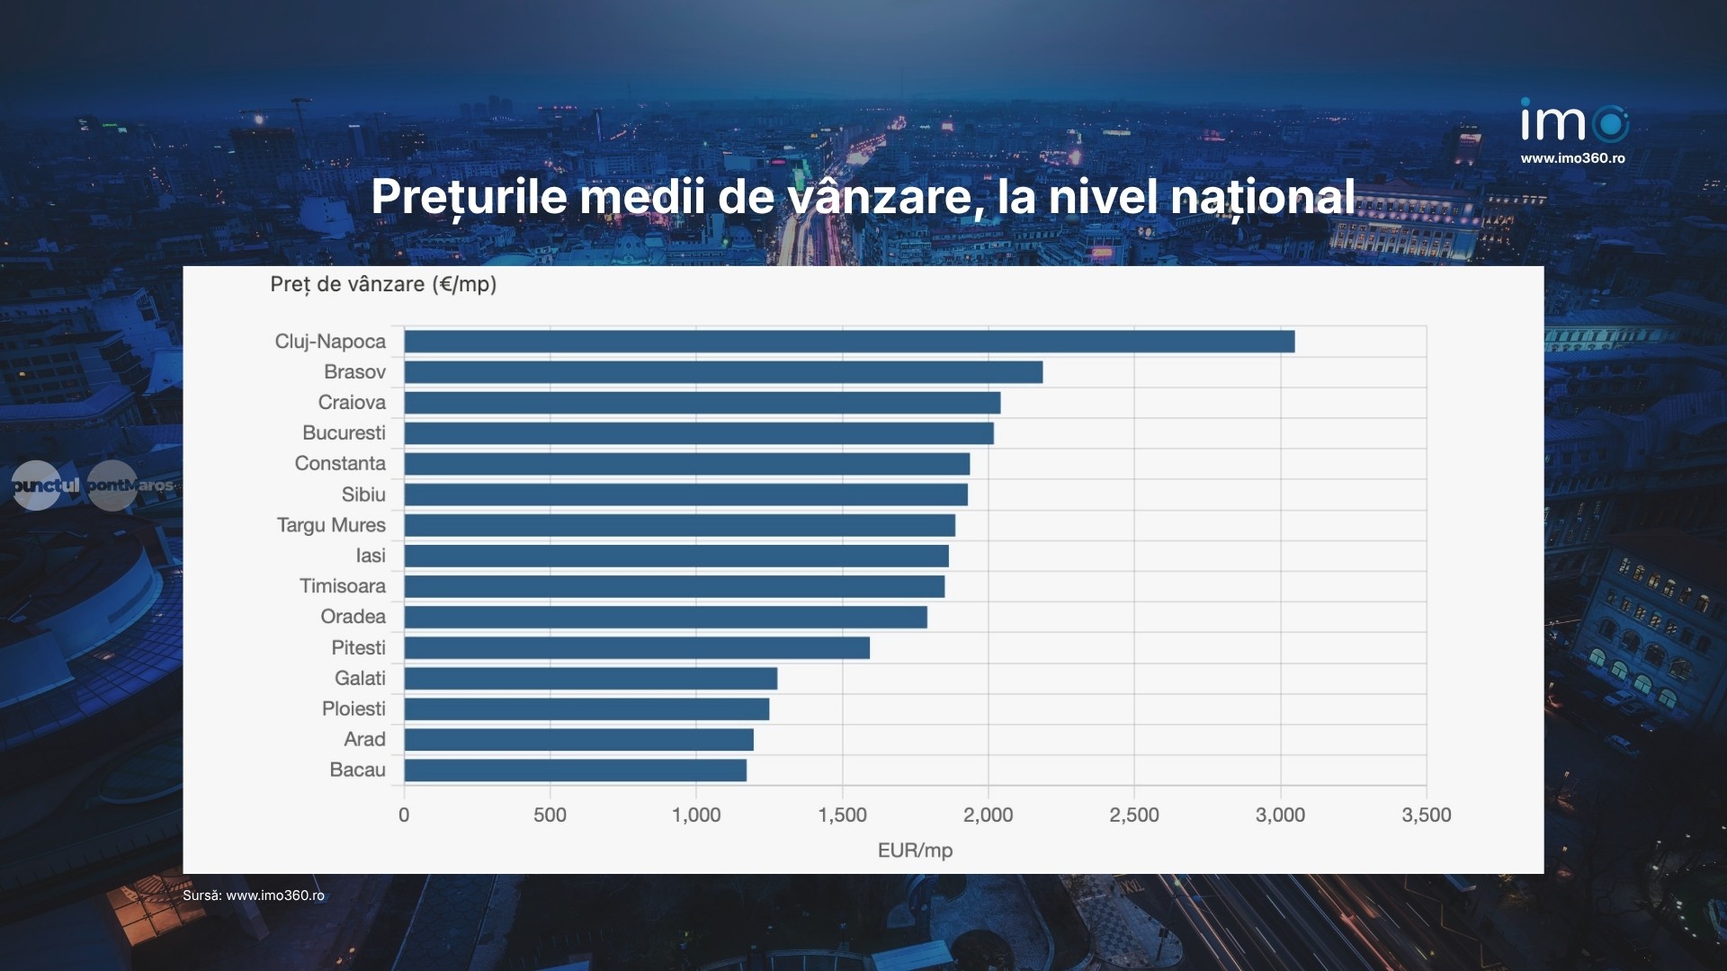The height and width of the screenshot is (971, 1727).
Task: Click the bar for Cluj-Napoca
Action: coord(849,342)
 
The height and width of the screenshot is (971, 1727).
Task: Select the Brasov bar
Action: coord(723,372)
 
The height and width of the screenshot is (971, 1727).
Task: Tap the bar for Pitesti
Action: coord(637,648)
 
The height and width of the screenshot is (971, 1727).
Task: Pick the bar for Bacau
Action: coord(575,771)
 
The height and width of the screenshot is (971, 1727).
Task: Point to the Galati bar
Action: coord(590,679)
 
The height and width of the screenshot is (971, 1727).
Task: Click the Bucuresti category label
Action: coord(344,433)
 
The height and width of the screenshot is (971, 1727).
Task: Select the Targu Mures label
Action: coord(331,525)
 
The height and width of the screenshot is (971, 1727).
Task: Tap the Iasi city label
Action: coord(371,556)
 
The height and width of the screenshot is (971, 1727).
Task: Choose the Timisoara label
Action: coord(343,586)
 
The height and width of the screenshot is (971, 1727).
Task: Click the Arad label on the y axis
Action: coord(364,739)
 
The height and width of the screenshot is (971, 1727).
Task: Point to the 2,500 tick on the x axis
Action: coord(1134,815)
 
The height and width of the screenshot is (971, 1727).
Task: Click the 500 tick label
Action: coord(550,815)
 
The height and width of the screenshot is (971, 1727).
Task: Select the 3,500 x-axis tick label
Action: coord(1427,815)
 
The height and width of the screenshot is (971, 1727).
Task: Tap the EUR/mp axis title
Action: coord(915,851)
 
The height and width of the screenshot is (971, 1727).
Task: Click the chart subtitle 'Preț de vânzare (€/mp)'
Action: coord(383,285)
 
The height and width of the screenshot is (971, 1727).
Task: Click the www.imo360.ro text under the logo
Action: coord(1573,158)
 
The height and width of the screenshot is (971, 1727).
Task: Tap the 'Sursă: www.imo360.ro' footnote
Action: coord(254,895)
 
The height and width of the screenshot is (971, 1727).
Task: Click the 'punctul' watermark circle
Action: coord(37,485)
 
